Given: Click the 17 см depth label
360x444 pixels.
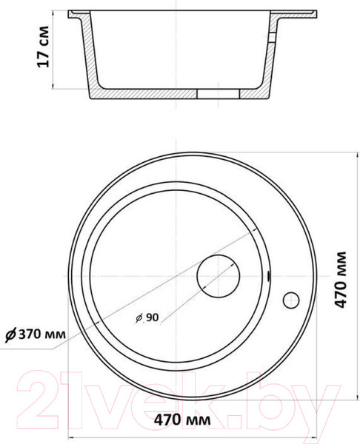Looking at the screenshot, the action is click(43, 47).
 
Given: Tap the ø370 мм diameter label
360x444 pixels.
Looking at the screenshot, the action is click(35, 334).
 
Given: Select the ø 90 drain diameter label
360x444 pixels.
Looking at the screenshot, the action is click(147, 317).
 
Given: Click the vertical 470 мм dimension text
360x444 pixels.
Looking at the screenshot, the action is click(341, 280).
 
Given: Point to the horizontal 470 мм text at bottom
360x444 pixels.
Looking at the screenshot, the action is click(182, 420).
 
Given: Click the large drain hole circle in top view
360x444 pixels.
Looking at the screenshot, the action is click(219, 276).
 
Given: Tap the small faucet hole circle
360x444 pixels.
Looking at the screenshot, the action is click(291, 300).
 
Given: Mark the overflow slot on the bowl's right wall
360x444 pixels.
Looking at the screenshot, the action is click(268, 276).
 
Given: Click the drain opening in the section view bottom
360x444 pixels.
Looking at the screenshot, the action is click(219, 94).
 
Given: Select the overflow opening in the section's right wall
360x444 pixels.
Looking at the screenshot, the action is click(273, 38).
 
